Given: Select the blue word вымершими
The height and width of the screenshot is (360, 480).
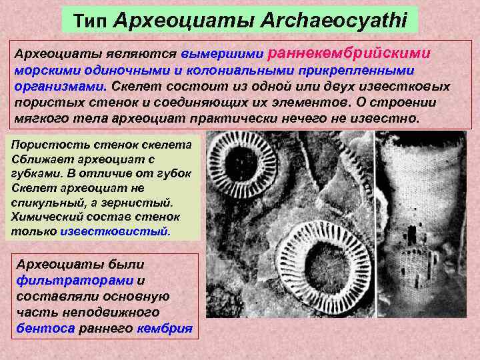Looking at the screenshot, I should (223, 53).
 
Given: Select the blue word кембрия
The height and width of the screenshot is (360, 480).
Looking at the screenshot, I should (164, 329).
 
